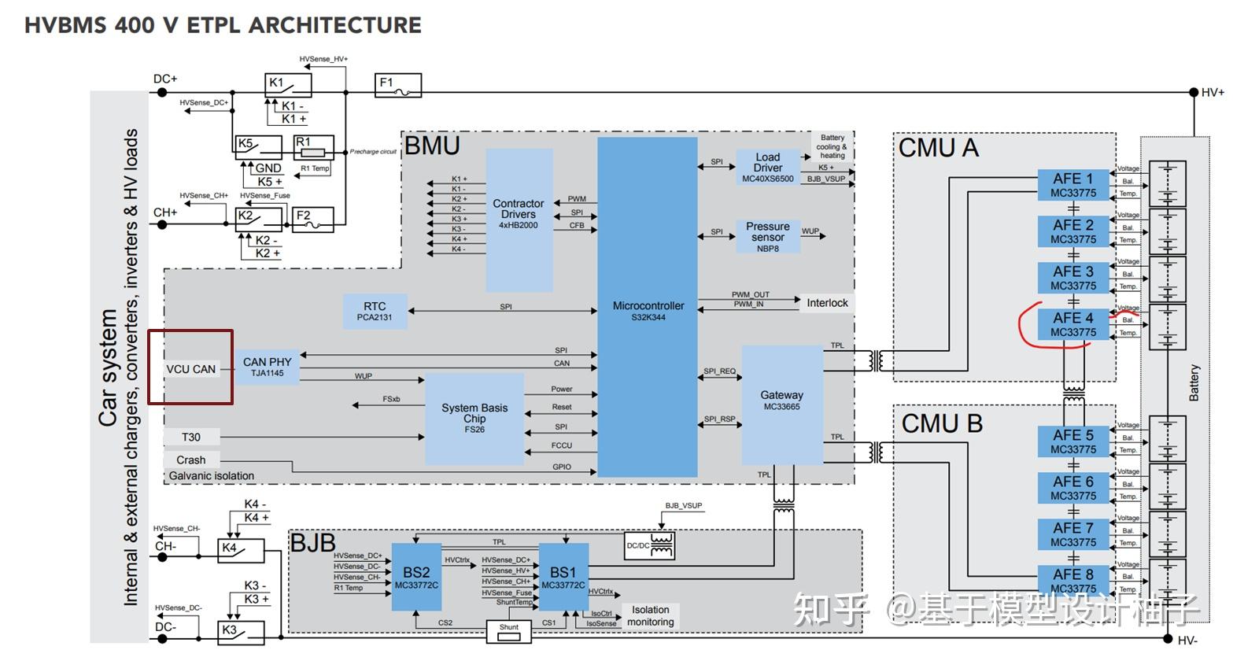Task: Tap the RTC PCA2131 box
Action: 375,312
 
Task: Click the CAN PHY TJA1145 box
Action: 267,367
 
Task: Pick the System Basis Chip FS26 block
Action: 474,418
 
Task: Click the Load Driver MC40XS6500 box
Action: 767,167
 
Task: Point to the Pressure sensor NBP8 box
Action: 767,236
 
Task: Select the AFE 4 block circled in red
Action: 1072,324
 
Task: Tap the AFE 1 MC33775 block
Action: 1072,185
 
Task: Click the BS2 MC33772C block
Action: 416,578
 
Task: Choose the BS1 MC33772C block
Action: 563,578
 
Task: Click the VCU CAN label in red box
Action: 190,368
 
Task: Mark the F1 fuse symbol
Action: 398,85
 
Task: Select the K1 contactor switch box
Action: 288,85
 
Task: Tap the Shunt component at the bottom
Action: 509,631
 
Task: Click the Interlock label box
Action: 827,303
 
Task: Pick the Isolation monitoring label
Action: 651,615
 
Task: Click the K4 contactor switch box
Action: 240,550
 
